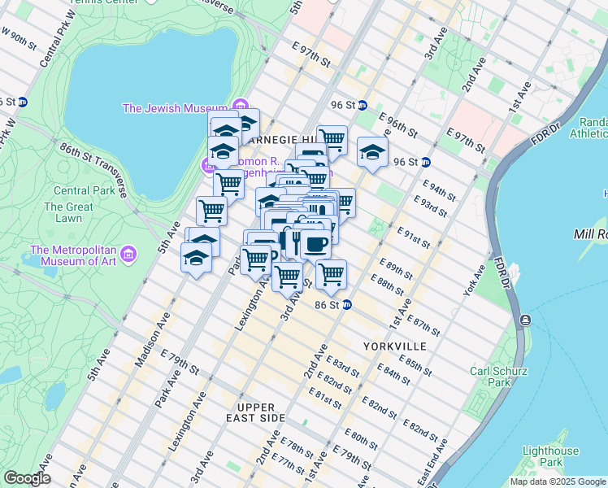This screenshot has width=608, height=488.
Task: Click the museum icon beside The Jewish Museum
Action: pyautogui.click(x=240, y=107)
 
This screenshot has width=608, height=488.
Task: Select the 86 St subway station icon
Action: pyautogui.click(x=346, y=305)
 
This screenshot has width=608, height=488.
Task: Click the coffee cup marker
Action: pyautogui.click(x=315, y=243)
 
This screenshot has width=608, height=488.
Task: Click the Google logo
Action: pyautogui.click(x=27, y=478)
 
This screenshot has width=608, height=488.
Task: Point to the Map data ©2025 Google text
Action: pyautogui.click(x=558, y=481)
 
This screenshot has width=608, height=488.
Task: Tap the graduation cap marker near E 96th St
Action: pyautogui.click(x=372, y=152)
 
